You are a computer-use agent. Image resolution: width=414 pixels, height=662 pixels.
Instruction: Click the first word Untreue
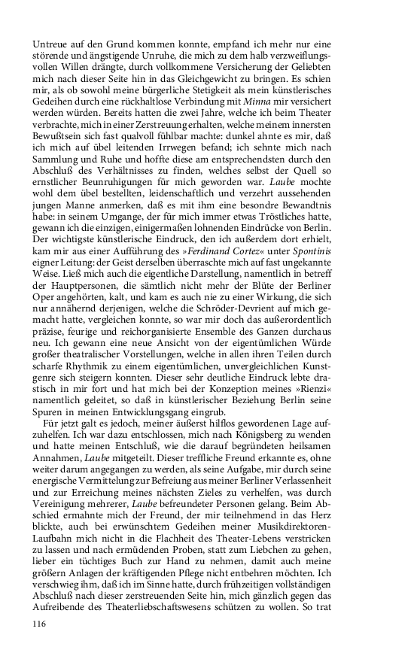[52, 44]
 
